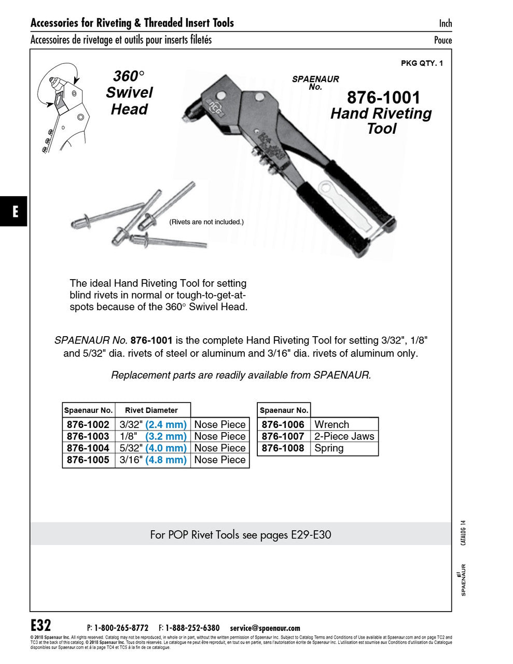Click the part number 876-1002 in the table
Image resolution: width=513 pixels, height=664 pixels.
point(88,424)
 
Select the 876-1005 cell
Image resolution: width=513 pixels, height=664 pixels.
point(88,460)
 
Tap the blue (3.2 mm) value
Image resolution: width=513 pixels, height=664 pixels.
point(165,436)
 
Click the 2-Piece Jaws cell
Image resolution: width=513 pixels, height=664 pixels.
point(344,436)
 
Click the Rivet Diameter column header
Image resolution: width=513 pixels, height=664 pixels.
point(151,410)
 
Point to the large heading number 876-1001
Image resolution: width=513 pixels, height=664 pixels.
point(383,98)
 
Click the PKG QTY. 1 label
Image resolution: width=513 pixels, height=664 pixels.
point(422,63)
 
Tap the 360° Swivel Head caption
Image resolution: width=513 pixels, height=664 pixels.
point(129,92)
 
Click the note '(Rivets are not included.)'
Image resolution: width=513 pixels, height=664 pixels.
point(206,222)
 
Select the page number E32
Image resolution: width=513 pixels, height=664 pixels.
point(41,625)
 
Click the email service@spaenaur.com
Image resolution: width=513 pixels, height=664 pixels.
point(265,628)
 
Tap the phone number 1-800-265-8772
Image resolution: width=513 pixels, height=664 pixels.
point(121,628)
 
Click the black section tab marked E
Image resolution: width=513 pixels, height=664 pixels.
point(13,211)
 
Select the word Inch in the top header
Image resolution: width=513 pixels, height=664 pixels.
point(445,23)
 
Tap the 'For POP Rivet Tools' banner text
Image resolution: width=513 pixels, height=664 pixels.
point(240,534)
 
